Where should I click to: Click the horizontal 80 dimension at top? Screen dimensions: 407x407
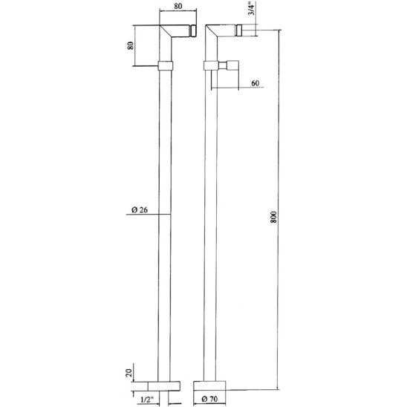[178, 6]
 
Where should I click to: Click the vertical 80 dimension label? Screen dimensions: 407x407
[130, 46]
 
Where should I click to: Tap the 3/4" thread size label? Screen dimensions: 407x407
[251, 9]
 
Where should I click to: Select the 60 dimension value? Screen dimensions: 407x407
[255, 83]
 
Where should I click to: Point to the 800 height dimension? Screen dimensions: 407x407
[274, 217]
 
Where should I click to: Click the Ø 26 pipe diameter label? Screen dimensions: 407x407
[140, 209]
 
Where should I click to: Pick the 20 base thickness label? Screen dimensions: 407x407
[129, 373]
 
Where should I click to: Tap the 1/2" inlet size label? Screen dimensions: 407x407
[147, 400]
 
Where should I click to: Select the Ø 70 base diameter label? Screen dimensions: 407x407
[209, 399]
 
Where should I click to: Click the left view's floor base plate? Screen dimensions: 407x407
[164, 386]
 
